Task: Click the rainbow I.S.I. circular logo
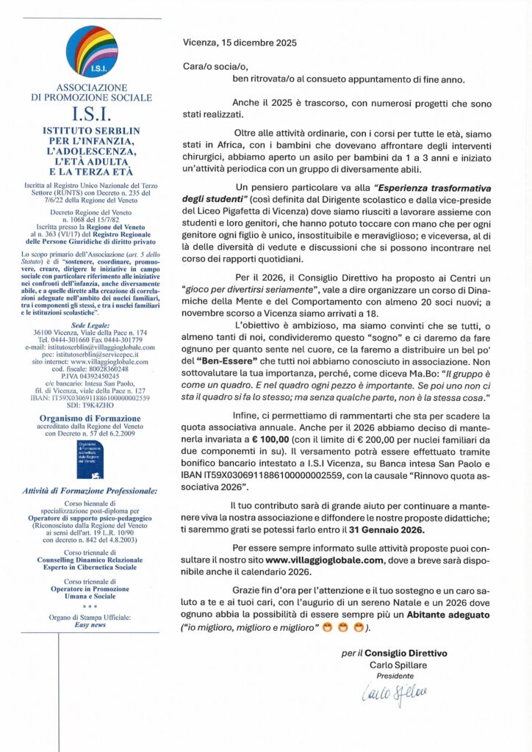point(92,51)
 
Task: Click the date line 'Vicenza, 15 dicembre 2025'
point(240,43)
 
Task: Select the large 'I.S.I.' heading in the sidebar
point(91,116)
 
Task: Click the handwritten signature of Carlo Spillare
point(395,692)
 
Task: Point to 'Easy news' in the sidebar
point(92,624)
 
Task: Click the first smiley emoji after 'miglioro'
point(328,628)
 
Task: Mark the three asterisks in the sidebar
point(91,607)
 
